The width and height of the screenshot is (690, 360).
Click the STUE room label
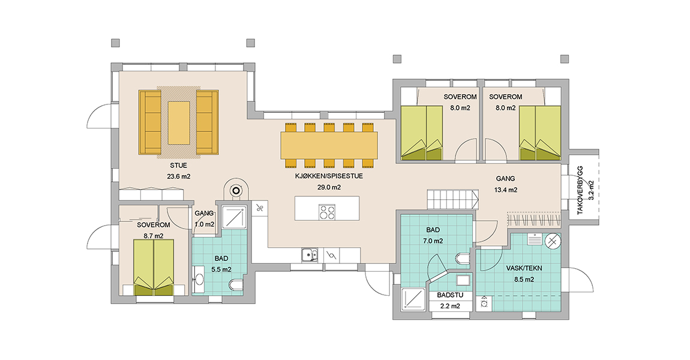[x=178, y=166]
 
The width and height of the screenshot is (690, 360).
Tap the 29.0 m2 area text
[x=329, y=187]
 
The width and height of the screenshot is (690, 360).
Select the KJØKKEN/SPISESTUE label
[x=329, y=176]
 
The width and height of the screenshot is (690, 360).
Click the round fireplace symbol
[x=236, y=191]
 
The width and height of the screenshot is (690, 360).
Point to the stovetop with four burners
[x=327, y=212]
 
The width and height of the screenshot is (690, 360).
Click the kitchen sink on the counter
[x=310, y=255]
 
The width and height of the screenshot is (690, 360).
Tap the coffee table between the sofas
[x=179, y=123]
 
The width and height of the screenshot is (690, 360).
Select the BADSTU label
[x=450, y=295]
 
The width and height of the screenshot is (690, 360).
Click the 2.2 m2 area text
[x=450, y=307]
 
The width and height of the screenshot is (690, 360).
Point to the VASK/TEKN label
[x=524, y=268]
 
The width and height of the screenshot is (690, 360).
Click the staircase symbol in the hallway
[x=453, y=199]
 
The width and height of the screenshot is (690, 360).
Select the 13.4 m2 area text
[x=506, y=190]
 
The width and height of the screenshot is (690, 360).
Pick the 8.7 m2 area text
[x=154, y=236]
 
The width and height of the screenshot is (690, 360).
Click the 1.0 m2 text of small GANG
[x=204, y=224]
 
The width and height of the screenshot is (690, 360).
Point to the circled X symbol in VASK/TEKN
[x=553, y=241]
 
